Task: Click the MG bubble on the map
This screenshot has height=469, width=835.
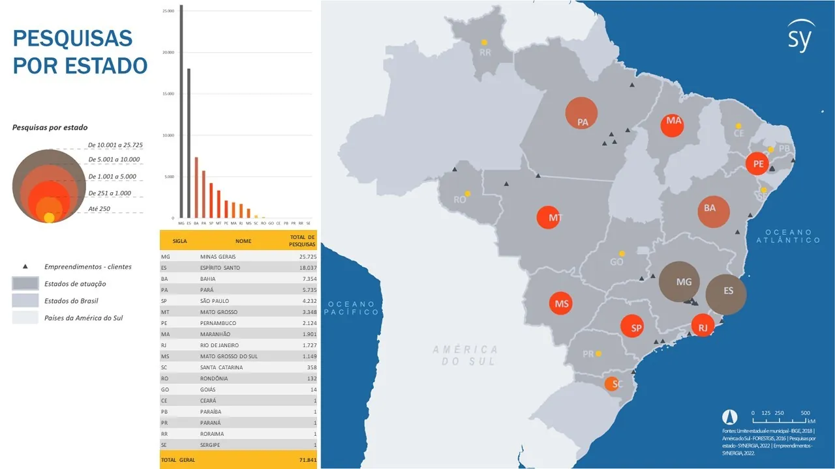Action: (x=679, y=282)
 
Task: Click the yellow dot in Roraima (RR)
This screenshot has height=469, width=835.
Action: (x=485, y=42)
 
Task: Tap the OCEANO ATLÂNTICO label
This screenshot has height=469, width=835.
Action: (x=788, y=236)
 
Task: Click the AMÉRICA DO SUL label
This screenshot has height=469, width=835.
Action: (x=464, y=355)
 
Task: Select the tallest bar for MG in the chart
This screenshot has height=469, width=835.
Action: (x=181, y=111)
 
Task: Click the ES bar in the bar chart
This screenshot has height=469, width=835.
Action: (x=189, y=143)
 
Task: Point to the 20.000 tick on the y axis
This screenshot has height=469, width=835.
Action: (x=169, y=52)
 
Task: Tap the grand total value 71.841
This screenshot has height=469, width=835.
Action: (x=307, y=460)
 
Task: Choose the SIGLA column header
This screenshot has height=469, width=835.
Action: (x=180, y=241)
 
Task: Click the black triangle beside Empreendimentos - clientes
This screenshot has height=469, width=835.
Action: (x=25, y=266)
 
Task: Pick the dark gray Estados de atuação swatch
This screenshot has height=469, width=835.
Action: (x=25, y=284)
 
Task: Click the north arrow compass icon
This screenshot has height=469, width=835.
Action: (x=729, y=418)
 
